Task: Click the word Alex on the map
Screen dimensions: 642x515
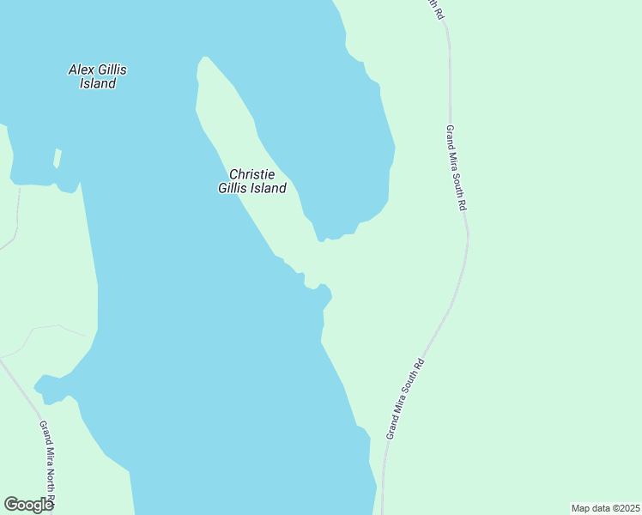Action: click(x=81, y=70)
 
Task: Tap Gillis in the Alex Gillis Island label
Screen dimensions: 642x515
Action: click(x=116, y=70)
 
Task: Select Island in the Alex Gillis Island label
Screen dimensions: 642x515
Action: click(x=97, y=84)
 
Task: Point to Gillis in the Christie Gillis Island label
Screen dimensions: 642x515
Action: click(x=233, y=188)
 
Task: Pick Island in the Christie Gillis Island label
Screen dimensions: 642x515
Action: click(x=268, y=188)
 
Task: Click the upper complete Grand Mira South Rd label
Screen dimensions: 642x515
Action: click(x=456, y=167)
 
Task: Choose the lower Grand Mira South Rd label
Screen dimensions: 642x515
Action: click(x=405, y=399)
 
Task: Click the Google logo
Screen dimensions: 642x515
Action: click(x=28, y=505)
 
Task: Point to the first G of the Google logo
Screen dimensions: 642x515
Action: click(x=11, y=504)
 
